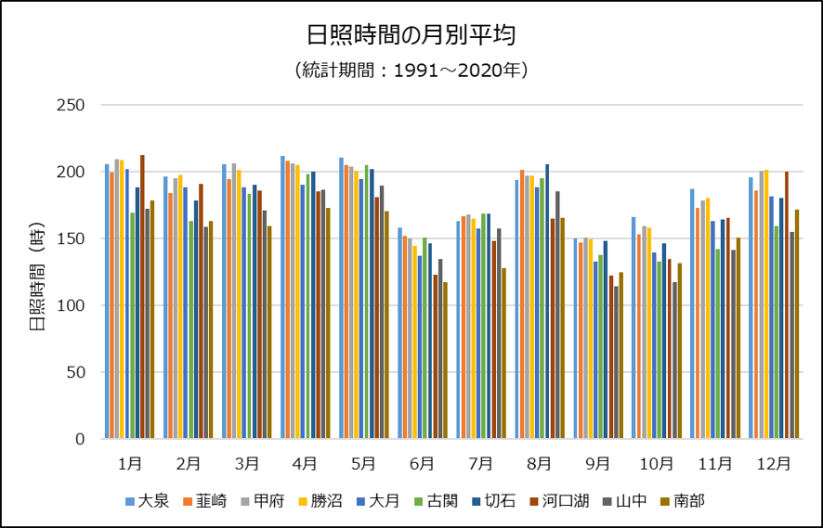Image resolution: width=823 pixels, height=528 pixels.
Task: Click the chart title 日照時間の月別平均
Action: pyautogui.click(x=411, y=36)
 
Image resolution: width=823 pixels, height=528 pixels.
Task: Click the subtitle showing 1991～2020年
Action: pyautogui.click(x=411, y=71)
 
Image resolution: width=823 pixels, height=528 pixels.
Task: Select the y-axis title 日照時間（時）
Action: pyautogui.click(x=36, y=271)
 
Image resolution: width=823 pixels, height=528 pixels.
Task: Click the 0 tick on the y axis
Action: pyautogui.click(x=81, y=439)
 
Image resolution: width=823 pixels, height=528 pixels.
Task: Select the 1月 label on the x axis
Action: pyautogui.click(x=130, y=462)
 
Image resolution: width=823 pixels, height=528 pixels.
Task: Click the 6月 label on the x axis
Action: pyautogui.click(x=423, y=462)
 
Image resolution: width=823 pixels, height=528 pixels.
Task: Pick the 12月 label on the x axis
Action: pyautogui.click(x=774, y=462)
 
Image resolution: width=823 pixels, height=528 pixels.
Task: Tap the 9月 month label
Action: pyautogui.click(x=598, y=462)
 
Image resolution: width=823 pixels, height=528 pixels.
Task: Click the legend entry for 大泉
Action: pyautogui.click(x=147, y=501)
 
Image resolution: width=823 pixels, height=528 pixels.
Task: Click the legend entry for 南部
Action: pyautogui.click(x=684, y=501)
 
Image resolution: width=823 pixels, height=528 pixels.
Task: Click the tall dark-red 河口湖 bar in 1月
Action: pyautogui.click(x=142, y=297)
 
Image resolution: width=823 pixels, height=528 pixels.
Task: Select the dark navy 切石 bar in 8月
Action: pyautogui.click(x=547, y=302)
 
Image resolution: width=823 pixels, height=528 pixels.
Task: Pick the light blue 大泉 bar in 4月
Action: pyautogui.click(x=282, y=297)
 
